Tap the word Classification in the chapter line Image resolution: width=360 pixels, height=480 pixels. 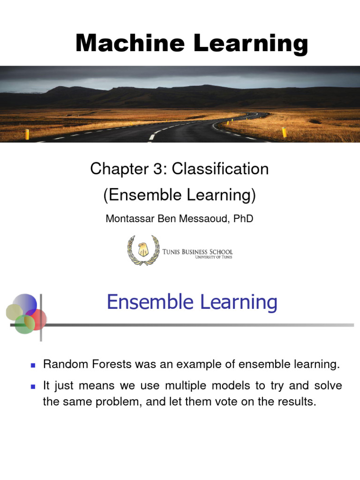(220, 169)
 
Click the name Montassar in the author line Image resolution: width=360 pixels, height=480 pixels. (130, 218)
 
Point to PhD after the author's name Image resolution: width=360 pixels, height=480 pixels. (243, 218)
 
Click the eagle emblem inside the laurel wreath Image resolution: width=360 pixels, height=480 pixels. (142, 249)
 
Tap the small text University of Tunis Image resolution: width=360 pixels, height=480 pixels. (214, 257)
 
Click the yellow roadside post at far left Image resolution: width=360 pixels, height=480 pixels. (27, 134)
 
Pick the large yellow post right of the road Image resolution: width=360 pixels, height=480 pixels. (285, 132)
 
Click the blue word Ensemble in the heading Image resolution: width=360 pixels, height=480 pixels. (150, 302)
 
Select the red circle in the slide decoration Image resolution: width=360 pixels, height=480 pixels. (36, 319)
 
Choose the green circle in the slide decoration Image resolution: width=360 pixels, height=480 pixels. (24, 324)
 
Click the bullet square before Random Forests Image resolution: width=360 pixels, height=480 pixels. (33, 365)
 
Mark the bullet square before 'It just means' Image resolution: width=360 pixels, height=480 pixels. (33, 387)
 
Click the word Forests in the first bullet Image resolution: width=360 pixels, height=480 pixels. (112, 364)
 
